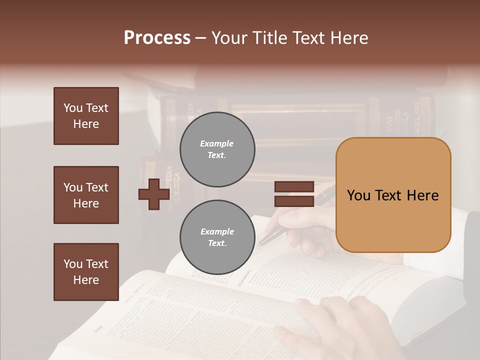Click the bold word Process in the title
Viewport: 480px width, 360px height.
(157, 38)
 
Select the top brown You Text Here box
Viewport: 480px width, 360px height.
(86, 116)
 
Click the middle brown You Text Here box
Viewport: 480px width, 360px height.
(86, 195)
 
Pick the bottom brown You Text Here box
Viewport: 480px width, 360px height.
(86, 272)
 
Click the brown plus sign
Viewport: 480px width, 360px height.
(154, 194)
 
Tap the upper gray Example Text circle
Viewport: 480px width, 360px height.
(217, 149)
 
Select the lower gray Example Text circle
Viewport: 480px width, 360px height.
(217, 237)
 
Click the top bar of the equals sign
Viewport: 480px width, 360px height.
(294, 187)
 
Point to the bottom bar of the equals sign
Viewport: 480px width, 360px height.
(294, 201)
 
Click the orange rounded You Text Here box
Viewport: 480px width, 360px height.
(393, 195)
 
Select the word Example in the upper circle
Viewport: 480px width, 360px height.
(217, 143)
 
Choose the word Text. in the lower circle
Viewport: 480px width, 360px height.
(217, 243)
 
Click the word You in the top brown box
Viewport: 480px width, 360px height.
(73, 108)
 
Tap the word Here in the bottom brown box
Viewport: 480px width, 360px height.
(86, 280)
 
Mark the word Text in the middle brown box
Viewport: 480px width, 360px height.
(96, 187)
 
